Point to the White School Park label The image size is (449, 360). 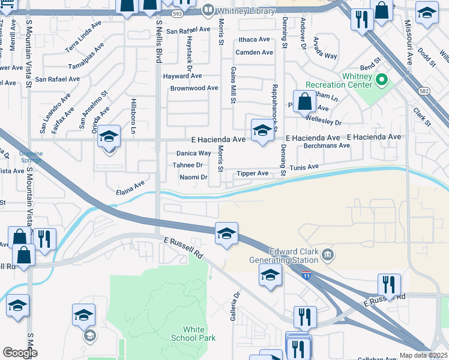199,334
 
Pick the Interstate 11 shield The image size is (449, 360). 307,275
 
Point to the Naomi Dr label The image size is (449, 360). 193,178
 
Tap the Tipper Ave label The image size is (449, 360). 253,173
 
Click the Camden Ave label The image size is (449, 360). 254,52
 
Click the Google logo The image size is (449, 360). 20,353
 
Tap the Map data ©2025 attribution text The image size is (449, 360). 423,355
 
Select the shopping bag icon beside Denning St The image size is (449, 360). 305,101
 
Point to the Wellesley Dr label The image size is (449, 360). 325,122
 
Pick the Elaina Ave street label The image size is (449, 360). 130,188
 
